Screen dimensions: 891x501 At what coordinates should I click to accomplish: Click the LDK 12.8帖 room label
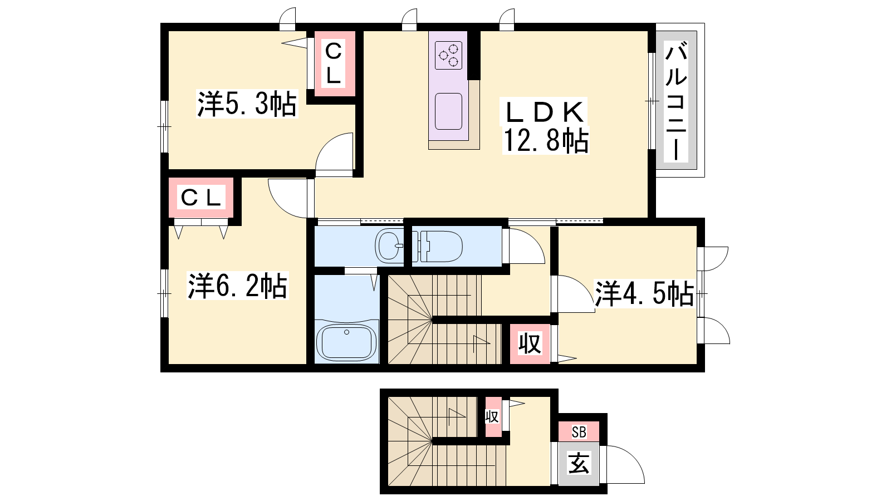(x=546, y=126)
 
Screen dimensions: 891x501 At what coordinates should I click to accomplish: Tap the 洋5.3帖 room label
(x=247, y=104)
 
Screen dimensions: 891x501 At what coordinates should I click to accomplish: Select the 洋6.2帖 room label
(x=237, y=286)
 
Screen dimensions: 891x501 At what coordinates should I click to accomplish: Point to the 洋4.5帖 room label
(x=644, y=294)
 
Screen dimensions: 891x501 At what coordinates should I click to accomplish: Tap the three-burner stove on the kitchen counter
(x=448, y=55)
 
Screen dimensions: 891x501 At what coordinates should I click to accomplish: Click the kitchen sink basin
(x=448, y=111)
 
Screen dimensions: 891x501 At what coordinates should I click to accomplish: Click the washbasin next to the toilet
(x=389, y=245)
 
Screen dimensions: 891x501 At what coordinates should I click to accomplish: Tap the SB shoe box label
(x=579, y=432)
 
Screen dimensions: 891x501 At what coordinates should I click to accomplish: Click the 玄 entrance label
(x=579, y=464)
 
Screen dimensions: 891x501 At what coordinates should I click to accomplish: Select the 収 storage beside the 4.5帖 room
(x=530, y=344)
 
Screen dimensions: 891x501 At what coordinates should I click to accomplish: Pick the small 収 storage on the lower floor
(x=492, y=417)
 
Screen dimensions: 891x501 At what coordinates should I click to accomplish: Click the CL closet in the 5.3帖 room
(x=334, y=63)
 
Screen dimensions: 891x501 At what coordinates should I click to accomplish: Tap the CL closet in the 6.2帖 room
(x=200, y=198)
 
